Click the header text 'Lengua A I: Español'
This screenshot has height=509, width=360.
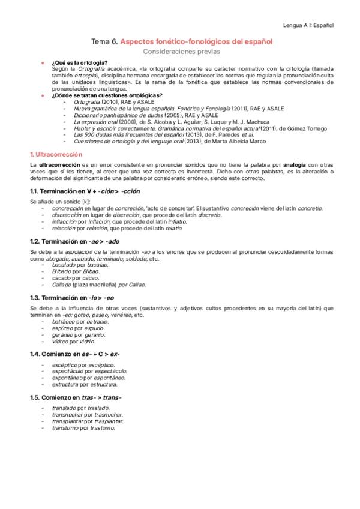tap(308, 25)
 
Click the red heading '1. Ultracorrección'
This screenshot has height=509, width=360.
tap(57, 154)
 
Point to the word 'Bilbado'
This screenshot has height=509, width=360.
tap(62, 271)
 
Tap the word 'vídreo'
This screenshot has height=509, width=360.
tap(61, 342)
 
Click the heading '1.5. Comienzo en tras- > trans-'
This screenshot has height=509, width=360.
tap(76, 398)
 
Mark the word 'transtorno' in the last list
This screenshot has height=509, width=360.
tap(66, 428)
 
